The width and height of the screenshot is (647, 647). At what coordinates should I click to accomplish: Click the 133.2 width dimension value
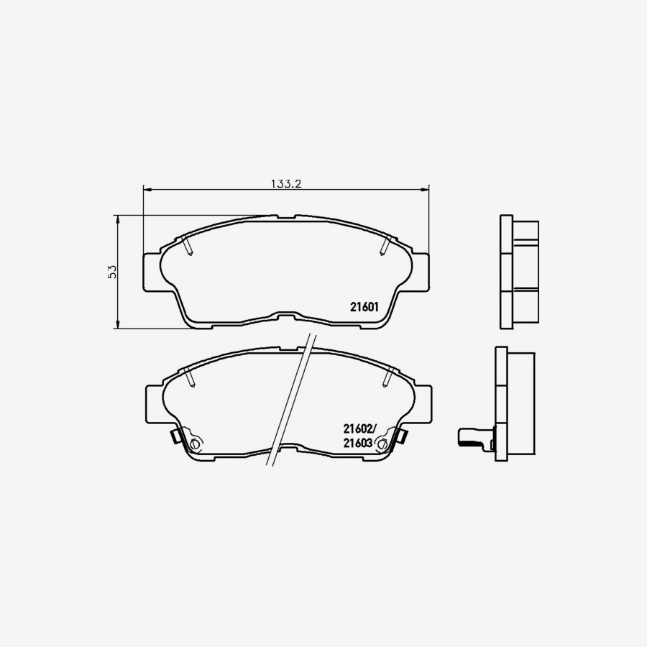click(285, 183)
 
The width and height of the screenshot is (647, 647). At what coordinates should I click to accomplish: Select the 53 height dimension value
click(111, 272)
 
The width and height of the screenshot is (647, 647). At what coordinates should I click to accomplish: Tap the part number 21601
click(364, 306)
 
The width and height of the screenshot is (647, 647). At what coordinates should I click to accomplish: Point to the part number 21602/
click(360, 430)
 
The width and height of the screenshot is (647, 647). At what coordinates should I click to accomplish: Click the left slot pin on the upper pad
click(189, 247)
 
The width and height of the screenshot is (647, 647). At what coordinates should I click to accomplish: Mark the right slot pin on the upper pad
click(385, 245)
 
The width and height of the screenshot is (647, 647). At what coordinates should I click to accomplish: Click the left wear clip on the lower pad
click(175, 436)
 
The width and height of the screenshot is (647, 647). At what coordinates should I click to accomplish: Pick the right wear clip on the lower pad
click(401, 435)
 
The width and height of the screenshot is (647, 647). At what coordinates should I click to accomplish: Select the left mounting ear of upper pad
click(151, 272)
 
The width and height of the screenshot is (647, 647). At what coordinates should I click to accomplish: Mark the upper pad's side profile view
click(518, 272)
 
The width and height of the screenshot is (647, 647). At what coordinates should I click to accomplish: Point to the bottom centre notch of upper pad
click(286, 317)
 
